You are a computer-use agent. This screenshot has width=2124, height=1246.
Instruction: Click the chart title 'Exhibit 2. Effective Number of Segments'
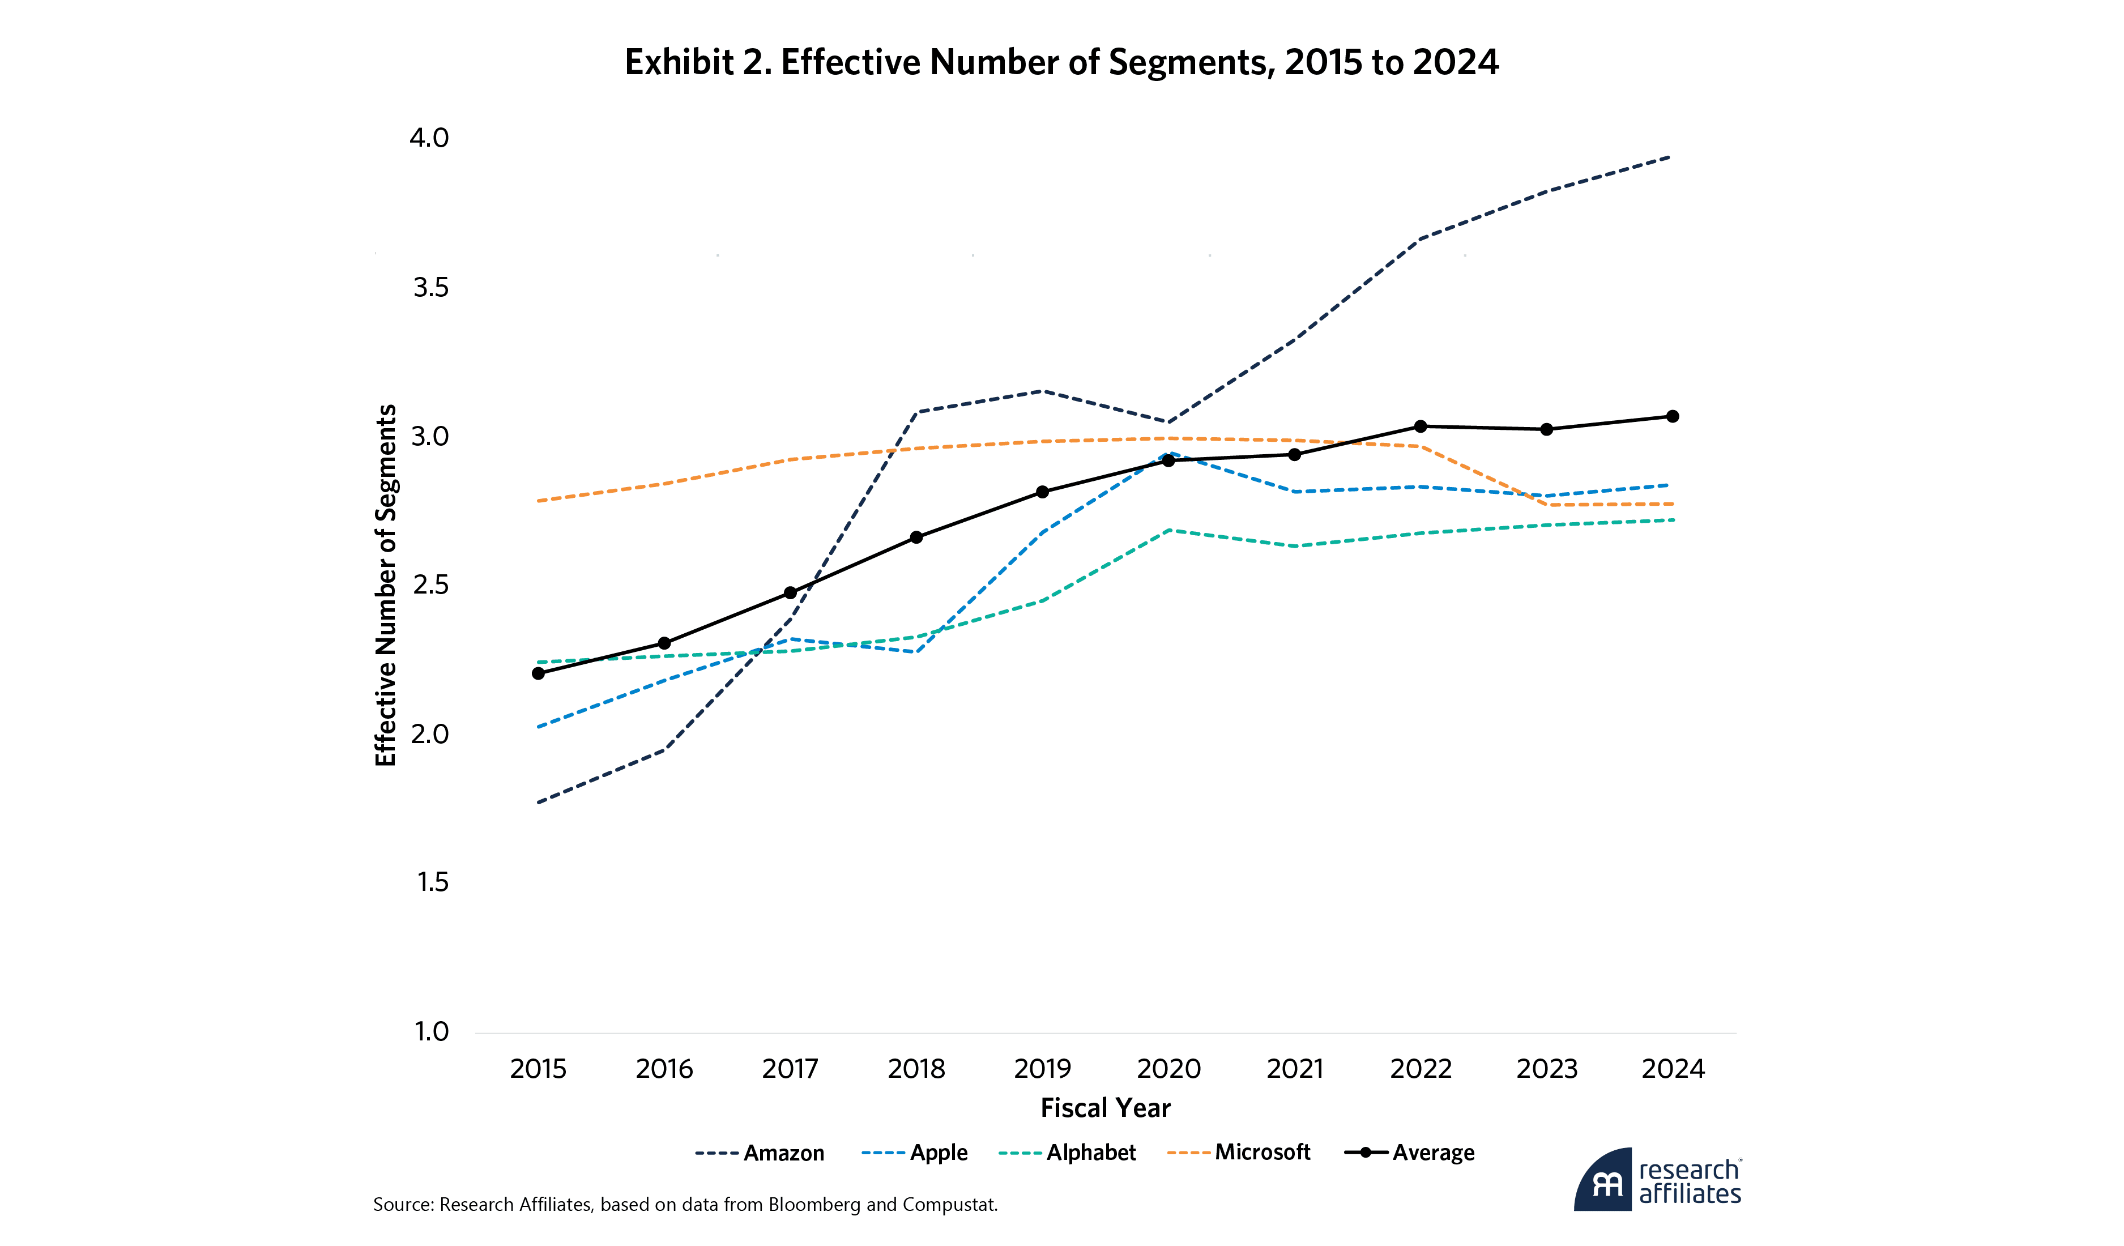[1061, 62]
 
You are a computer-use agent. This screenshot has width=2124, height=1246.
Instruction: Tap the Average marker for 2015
[539, 673]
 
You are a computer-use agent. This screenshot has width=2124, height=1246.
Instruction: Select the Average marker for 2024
[1673, 416]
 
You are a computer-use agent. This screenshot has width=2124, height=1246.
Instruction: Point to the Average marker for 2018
[916, 537]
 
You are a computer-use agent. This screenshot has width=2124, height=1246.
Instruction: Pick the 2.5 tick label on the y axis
[430, 585]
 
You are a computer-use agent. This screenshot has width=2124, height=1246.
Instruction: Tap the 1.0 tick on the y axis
[432, 1031]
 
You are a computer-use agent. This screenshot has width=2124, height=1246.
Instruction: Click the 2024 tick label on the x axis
[1673, 1069]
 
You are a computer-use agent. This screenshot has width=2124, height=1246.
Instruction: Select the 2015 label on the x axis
[539, 1069]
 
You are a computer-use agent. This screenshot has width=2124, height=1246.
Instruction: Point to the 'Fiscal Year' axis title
[1105, 1108]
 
